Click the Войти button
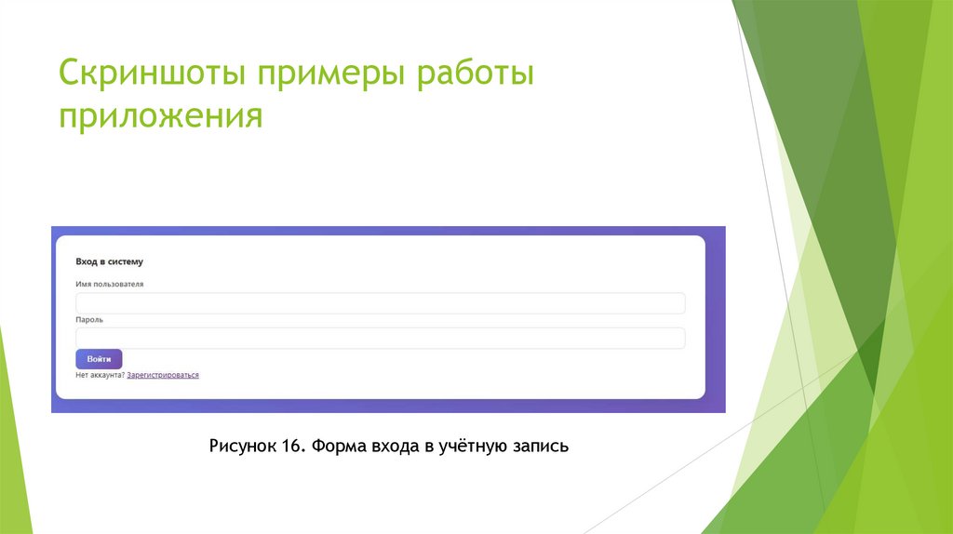coord(99,359)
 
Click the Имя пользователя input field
coord(380,303)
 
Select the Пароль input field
coord(380,338)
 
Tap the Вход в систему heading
coord(110,262)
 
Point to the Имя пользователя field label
coord(110,284)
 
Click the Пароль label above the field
coord(89,319)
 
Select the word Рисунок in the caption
coord(243,447)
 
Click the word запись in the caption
coord(539,447)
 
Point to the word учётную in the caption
coord(471,447)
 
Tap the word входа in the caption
coord(391,447)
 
